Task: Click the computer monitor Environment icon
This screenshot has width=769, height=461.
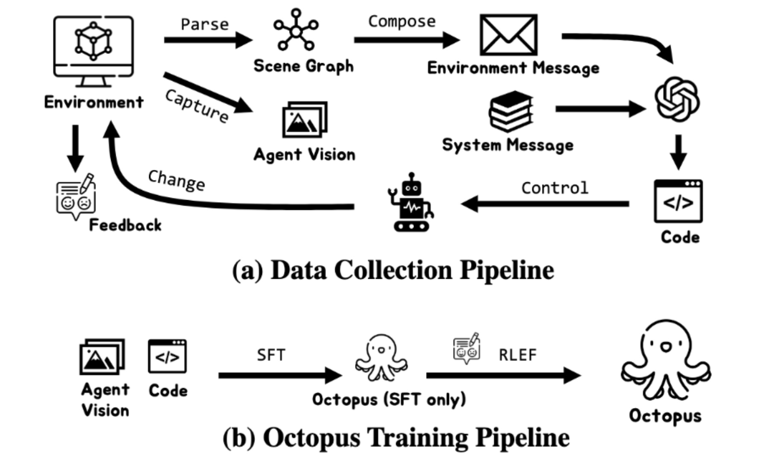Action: tap(94, 52)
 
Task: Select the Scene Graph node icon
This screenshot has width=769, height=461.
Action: tap(296, 29)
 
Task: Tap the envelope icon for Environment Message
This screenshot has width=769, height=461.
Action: tap(508, 35)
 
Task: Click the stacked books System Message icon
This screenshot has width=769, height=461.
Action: tap(511, 111)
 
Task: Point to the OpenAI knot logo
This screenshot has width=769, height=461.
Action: tap(677, 99)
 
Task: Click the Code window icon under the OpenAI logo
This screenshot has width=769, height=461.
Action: tap(678, 201)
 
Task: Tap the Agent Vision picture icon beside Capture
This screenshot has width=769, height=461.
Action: tap(305, 120)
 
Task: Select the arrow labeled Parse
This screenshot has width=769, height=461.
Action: tap(208, 40)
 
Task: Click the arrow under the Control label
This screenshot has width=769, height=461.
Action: tap(545, 204)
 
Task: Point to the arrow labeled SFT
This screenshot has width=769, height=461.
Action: tap(280, 376)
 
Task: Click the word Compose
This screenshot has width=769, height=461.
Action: tap(402, 21)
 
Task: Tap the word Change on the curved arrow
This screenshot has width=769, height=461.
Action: tap(176, 180)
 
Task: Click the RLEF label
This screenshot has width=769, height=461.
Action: tap(517, 355)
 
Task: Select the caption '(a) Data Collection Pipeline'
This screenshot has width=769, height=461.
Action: tap(393, 270)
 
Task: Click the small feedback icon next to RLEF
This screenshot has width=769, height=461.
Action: tap(466, 349)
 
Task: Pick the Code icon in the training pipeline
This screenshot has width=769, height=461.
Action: tap(167, 356)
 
